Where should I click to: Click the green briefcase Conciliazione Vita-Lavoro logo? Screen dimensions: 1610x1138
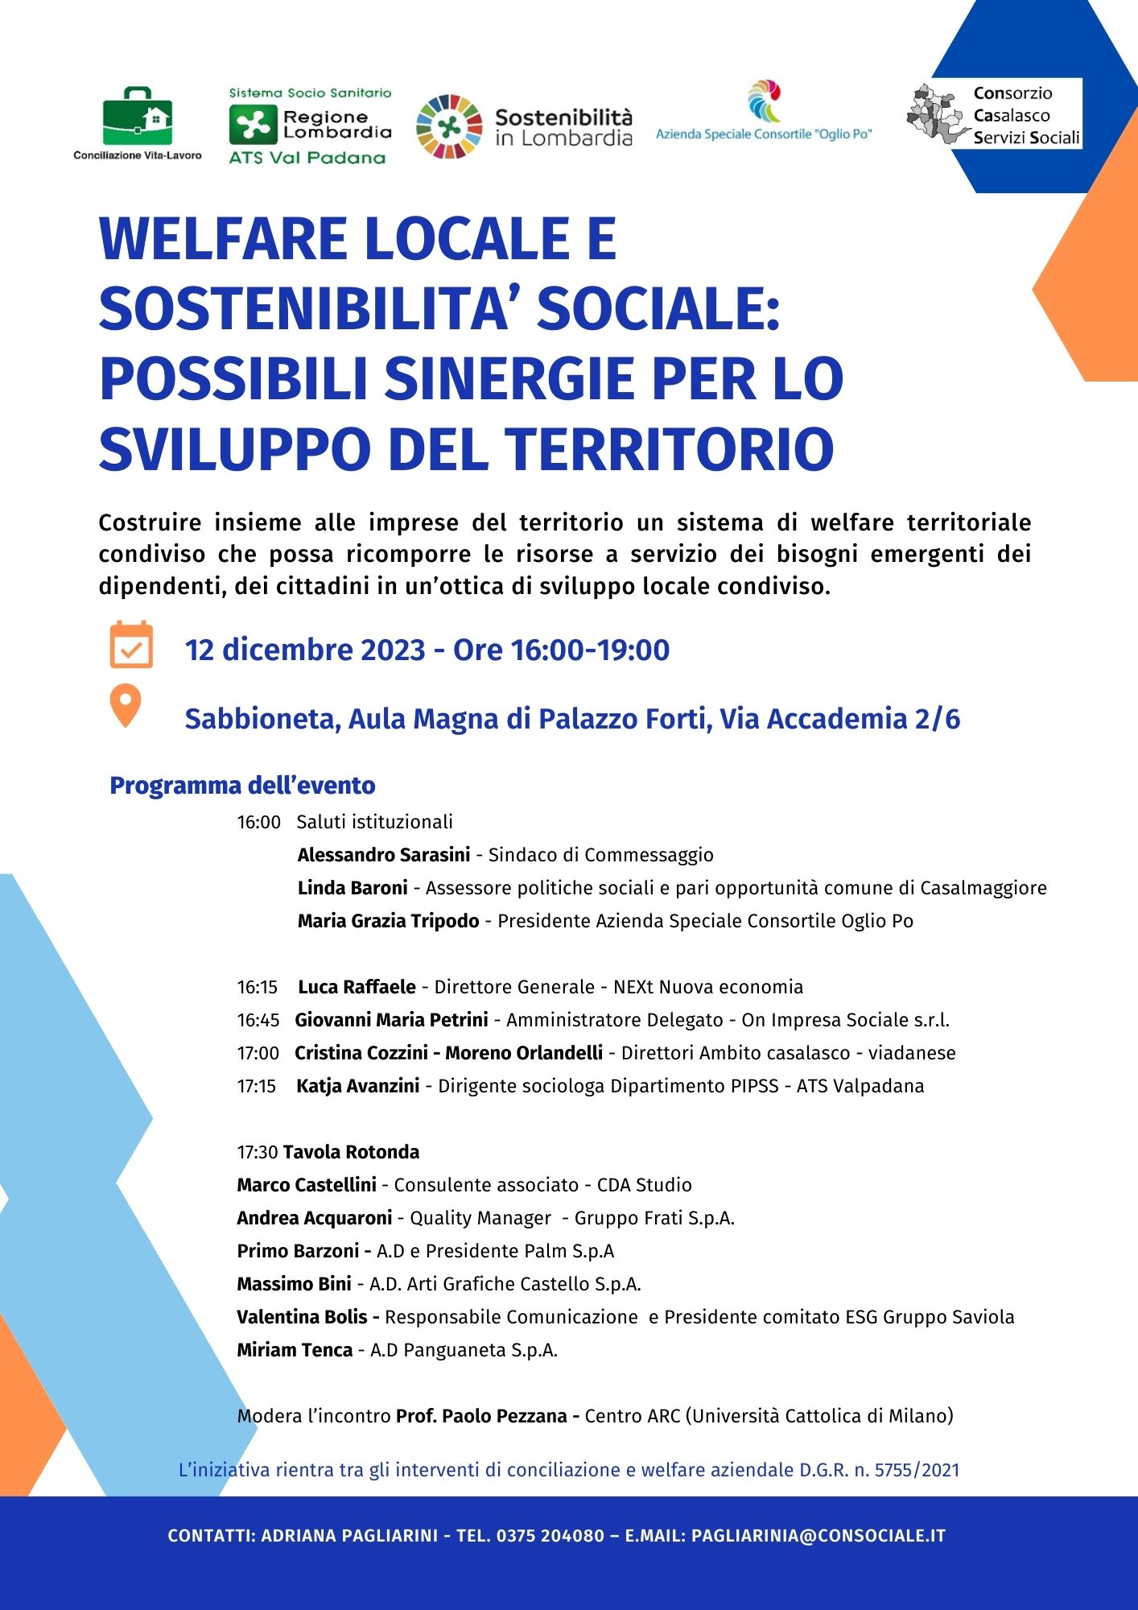click(137, 116)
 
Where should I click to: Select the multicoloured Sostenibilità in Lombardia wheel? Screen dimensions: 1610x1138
click(448, 126)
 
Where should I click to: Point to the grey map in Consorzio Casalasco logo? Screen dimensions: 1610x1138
click(937, 115)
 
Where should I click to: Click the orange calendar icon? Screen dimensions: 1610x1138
click(131, 645)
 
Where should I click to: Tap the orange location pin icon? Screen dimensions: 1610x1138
click(126, 705)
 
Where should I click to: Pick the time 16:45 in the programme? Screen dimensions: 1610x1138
click(258, 1020)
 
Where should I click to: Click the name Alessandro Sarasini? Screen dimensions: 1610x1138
click(383, 855)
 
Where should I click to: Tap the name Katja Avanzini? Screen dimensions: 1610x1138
click(357, 1086)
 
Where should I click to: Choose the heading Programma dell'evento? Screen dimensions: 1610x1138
click(242, 786)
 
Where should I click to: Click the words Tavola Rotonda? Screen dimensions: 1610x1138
click(351, 1152)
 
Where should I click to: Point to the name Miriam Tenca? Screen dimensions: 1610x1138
click(295, 1350)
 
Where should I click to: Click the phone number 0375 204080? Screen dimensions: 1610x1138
click(550, 1535)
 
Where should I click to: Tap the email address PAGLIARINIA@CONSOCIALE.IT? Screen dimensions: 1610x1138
click(818, 1535)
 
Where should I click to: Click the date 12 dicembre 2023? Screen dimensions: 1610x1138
click(305, 650)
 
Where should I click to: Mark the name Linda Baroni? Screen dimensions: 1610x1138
click(353, 888)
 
